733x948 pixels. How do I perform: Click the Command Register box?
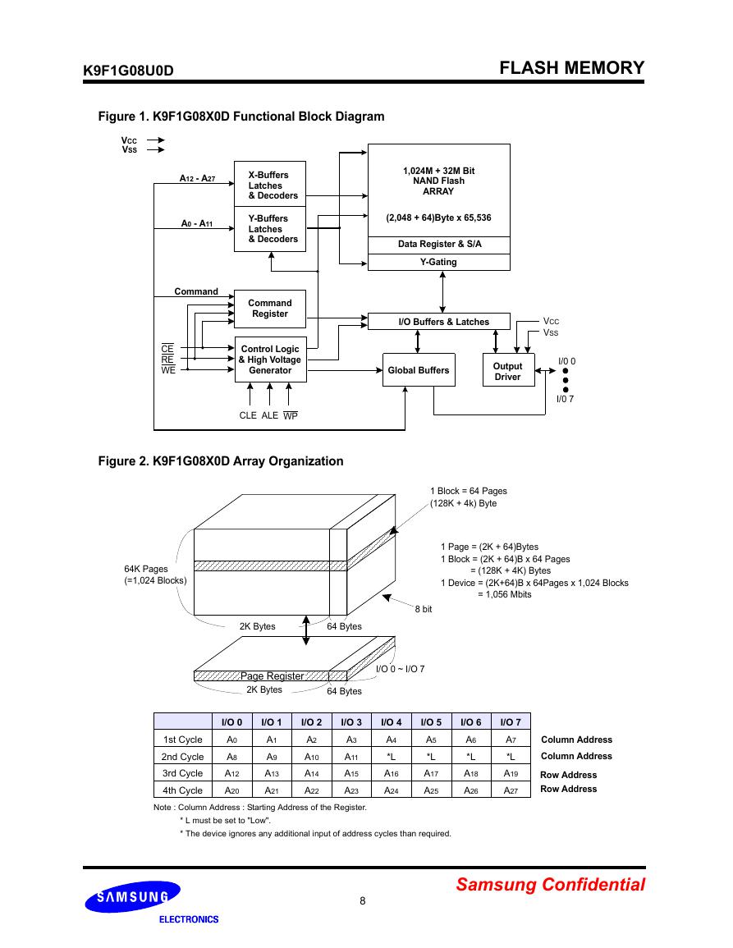[270, 309]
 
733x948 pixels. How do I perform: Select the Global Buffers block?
[419, 370]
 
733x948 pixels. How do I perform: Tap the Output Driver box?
[509, 370]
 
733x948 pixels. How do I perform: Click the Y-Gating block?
[439, 262]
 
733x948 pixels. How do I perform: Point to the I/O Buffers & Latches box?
[439, 322]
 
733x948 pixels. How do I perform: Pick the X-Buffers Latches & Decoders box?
[270, 185]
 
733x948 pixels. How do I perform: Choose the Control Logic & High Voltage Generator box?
[270, 360]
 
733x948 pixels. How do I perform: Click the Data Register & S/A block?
[439, 245]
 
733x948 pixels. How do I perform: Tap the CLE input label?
[248, 415]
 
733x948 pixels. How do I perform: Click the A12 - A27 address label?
[197, 178]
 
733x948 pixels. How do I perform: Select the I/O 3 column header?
[351, 722]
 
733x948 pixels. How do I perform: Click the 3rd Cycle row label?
[183, 773]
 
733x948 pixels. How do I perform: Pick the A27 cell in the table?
[511, 790]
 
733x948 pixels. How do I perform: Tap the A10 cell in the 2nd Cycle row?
[311, 757]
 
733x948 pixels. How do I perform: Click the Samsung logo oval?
[132, 896]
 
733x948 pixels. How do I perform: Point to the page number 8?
[363, 901]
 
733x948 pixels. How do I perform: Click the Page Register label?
[273, 676]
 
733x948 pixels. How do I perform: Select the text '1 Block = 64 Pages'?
[469, 491]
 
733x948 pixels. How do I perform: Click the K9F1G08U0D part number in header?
[128, 71]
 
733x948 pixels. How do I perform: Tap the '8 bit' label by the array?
[424, 609]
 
